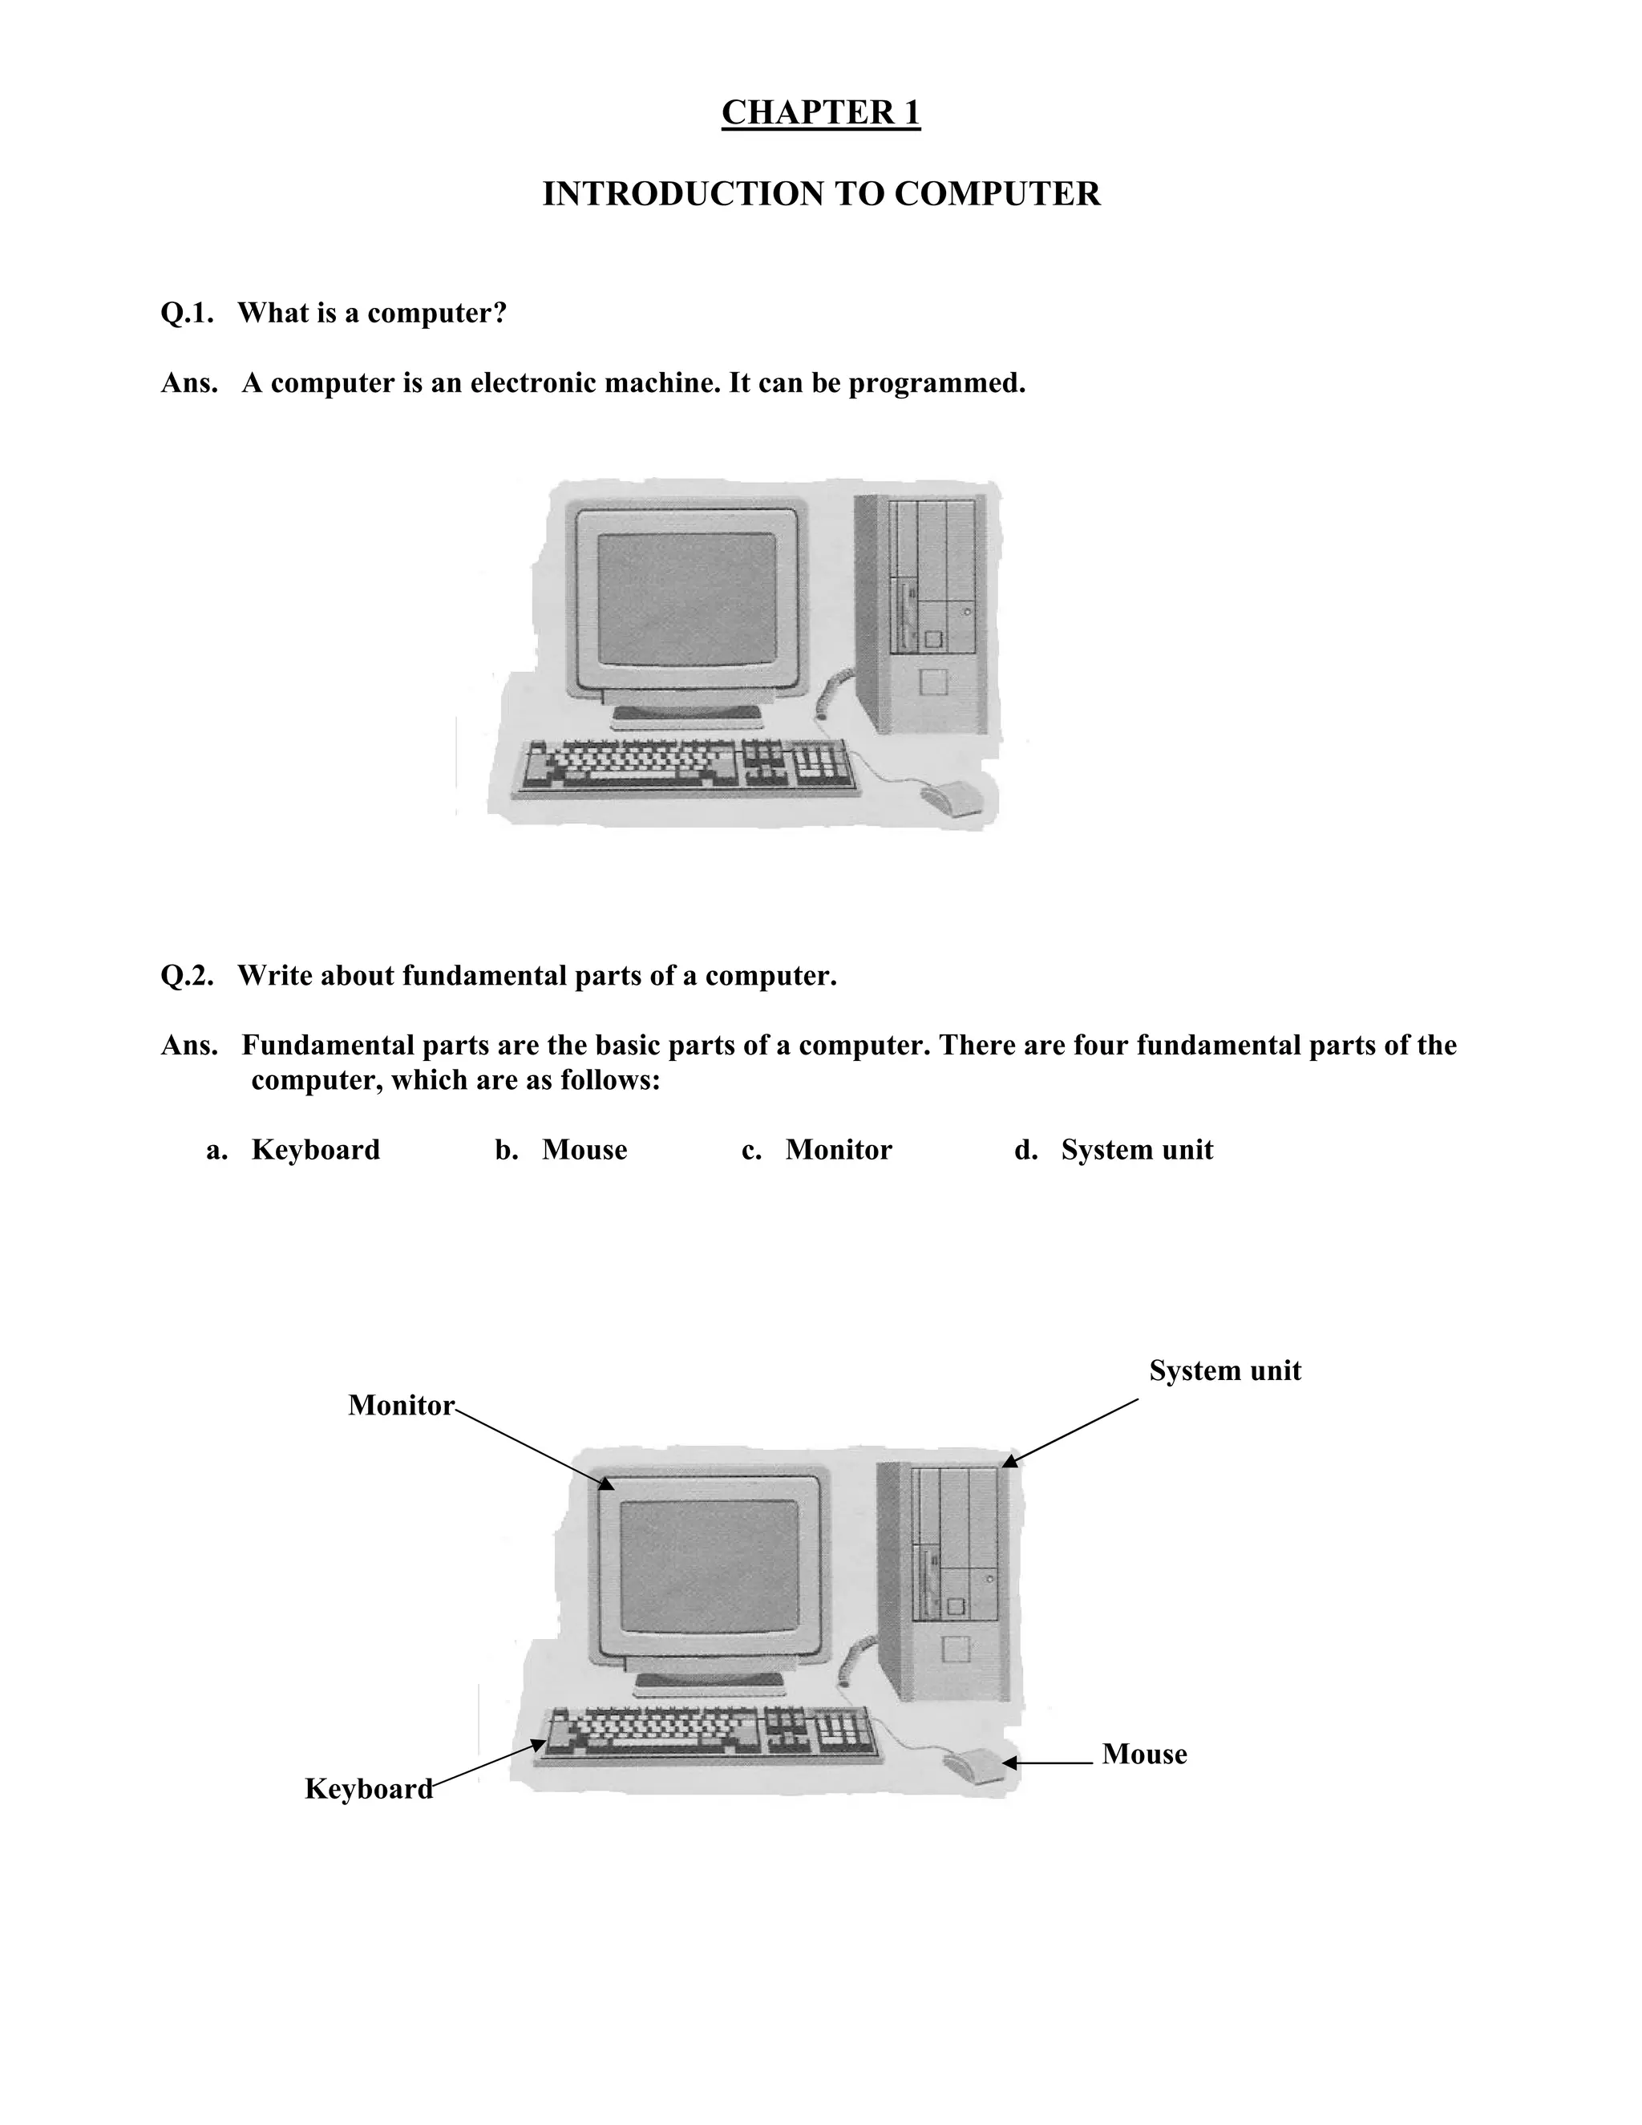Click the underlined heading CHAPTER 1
820,113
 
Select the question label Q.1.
187,314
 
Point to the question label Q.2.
187,975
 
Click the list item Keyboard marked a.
315,1149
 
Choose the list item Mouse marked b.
584,1149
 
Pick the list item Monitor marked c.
838,1149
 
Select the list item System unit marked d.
1136,1149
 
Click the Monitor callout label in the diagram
401,1405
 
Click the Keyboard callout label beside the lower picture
369,1788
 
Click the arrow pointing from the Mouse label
1049,1762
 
